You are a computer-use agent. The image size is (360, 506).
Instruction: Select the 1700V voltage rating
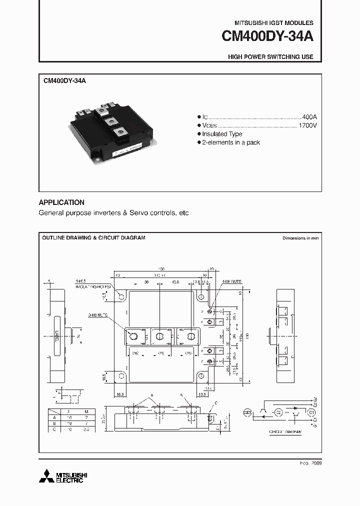point(307,125)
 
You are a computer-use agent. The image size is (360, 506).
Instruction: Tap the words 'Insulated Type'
point(222,134)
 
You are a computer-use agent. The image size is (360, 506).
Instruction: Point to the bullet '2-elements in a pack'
point(231,142)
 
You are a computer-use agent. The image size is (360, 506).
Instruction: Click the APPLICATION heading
point(61,202)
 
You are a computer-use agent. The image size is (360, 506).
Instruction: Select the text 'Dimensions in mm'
point(300,238)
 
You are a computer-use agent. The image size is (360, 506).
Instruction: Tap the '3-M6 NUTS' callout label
point(99,316)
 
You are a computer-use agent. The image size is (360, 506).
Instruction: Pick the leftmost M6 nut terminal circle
point(133,336)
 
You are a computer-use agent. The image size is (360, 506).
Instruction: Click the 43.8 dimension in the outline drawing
point(175,282)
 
